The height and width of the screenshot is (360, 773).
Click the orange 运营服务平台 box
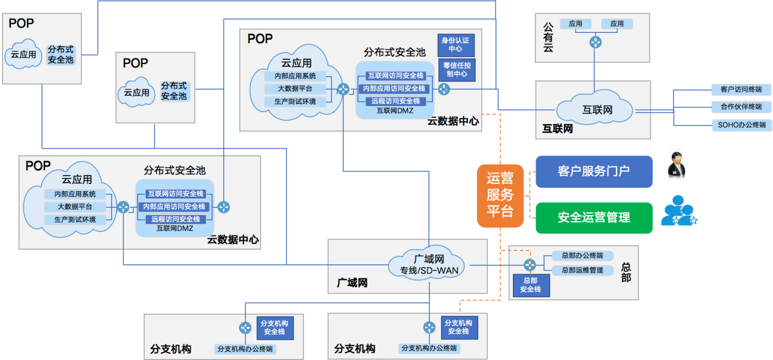(499, 196)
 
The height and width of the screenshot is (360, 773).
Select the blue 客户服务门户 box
(594, 171)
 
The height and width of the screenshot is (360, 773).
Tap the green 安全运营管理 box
(594, 217)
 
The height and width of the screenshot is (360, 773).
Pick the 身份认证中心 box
(455, 44)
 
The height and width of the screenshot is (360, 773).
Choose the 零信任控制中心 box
(455, 69)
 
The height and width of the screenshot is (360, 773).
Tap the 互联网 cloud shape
(597, 110)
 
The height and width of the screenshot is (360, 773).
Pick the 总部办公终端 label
(582, 256)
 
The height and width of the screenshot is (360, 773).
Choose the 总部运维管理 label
(582, 269)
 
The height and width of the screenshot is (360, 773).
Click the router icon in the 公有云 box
(595, 43)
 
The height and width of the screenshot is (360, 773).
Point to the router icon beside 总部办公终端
(530, 264)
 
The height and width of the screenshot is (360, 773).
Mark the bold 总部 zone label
(626, 272)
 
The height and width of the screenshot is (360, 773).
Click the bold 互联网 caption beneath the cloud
(557, 129)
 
